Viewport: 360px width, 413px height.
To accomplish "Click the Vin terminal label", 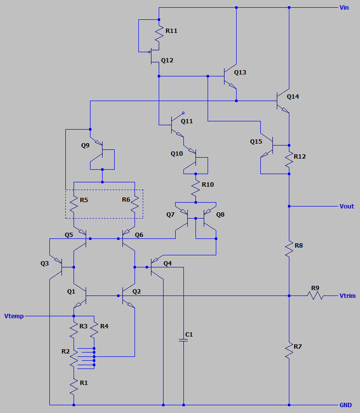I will [344, 8].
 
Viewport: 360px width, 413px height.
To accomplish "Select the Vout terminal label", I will [346, 206].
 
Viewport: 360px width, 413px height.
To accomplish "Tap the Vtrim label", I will [347, 295].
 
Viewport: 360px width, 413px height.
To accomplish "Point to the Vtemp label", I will [14, 316].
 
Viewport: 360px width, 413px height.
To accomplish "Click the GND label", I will [345, 405].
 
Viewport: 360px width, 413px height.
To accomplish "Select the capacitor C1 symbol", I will [183, 340].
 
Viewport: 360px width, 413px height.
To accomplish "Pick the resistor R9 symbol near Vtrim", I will [315, 295].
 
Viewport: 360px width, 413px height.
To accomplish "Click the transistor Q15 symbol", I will [267, 145].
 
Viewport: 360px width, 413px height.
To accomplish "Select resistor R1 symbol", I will [74, 385].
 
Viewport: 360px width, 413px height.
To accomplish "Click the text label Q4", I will [167, 264].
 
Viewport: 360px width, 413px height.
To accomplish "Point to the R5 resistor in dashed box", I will [74, 204].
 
